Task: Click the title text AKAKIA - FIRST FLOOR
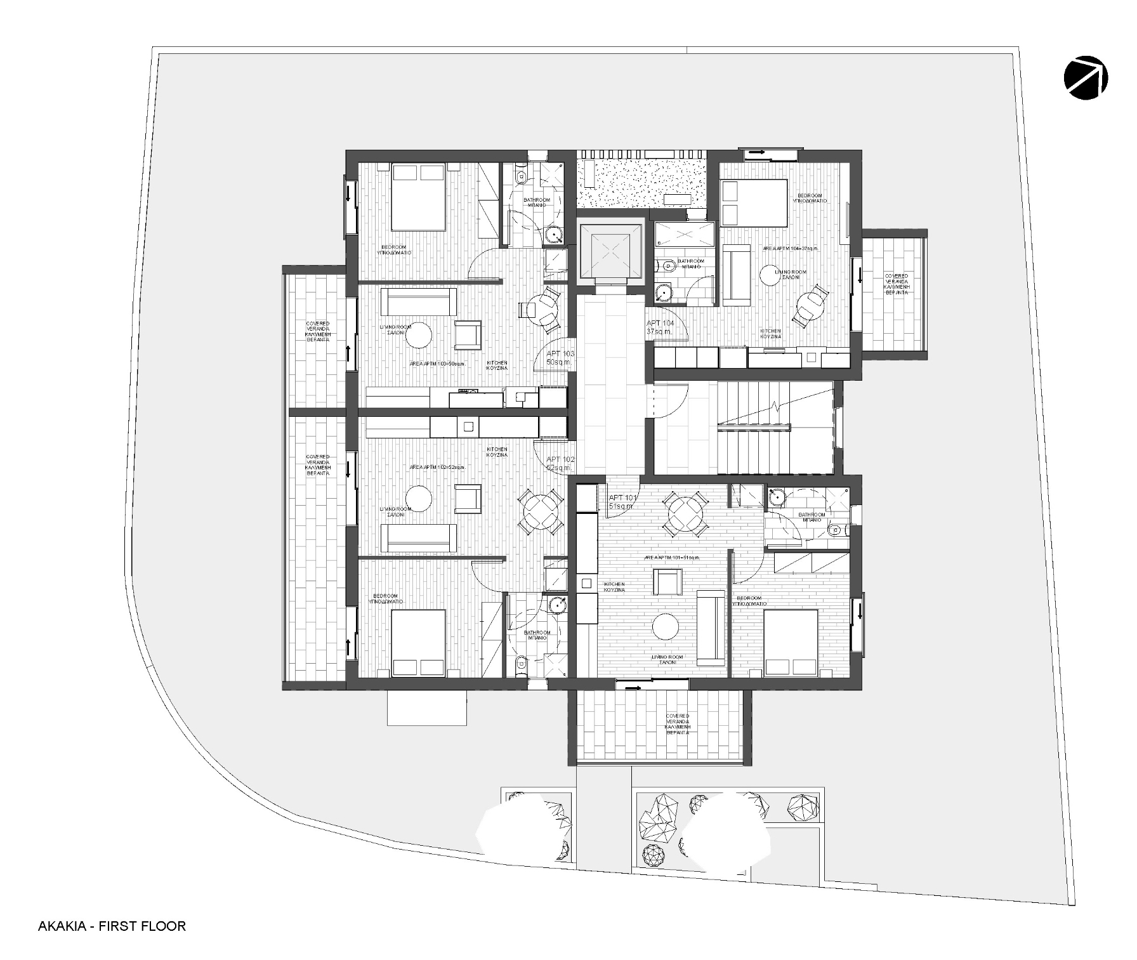[x=112, y=926]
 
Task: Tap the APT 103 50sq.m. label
[x=560, y=357]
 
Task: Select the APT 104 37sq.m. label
[x=659, y=327]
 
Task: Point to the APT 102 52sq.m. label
[x=560, y=463]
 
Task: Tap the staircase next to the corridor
[x=775, y=428]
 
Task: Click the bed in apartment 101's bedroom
[x=791, y=642]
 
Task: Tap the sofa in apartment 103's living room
[x=418, y=301]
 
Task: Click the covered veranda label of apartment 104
[x=896, y=285]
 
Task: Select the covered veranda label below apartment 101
[x=677, y=724]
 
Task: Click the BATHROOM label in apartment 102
[x=537, y=635]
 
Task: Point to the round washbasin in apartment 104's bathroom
[x=664, y=294]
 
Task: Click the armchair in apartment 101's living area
[x=667, y=581]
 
